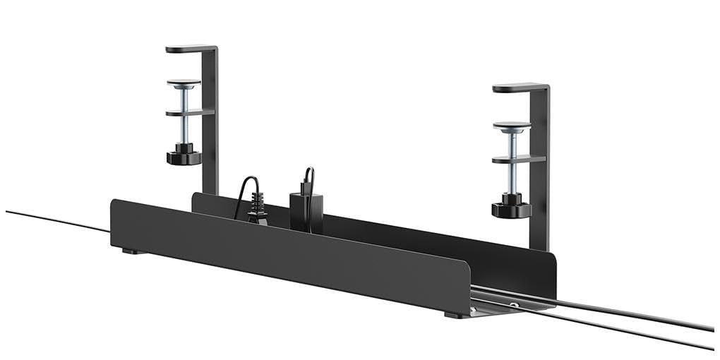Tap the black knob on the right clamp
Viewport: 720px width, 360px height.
(x=511, y=209)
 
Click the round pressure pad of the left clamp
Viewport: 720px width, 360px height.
(x=184, y=83)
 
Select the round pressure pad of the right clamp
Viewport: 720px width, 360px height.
(x=512, y=126)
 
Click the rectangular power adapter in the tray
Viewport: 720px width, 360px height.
(x=306, y=212)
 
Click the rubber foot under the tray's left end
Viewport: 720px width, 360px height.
(x=131, y=251)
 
